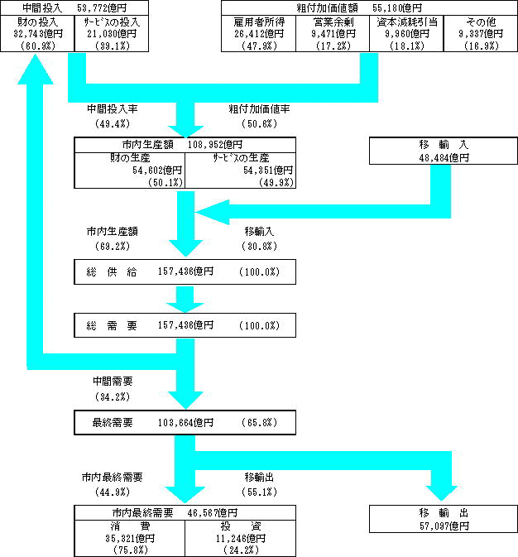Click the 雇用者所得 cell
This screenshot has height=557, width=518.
click(x=258, y=34)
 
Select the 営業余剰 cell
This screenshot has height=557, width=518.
click(x=332, y=34)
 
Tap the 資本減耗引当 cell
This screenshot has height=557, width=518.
click(x=405, y=34)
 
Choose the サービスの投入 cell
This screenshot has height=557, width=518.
click(x=111, y=34)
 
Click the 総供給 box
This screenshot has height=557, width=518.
click(x=185, y=272)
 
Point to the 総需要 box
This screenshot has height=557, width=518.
click(x=185, y=326)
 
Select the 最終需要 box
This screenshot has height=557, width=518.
click(x=185, y=423)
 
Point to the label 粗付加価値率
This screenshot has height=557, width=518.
click(x=259, y=109)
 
